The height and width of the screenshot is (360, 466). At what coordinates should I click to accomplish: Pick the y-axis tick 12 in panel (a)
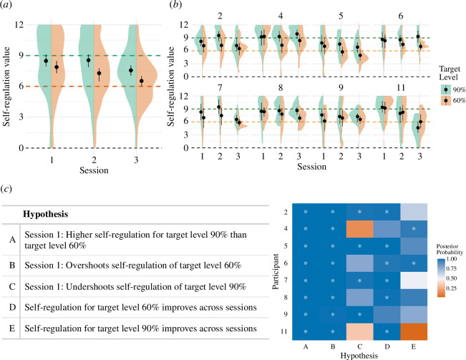click(x=24, y=25)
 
